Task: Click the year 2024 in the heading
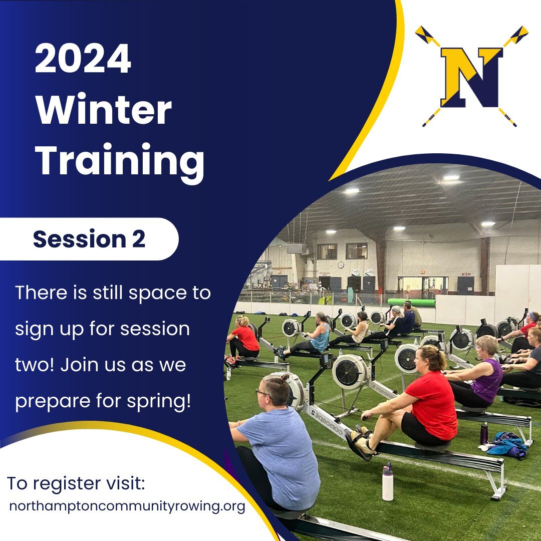pos(83,58)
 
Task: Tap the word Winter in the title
pos(104,109)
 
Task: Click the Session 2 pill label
pos(89,239)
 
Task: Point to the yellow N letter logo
pos(471,77)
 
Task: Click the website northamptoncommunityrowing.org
pos(127,506)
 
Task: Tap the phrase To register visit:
pos(76,483)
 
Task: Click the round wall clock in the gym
pos(341,264)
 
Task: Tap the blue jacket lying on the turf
pos(507,445)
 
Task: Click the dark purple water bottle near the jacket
pos(484,433)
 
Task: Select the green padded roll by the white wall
pos(411,303)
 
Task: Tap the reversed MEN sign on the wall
pos(466,275)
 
